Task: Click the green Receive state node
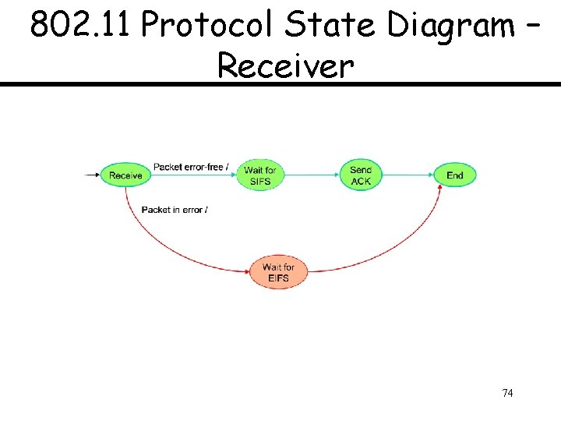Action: (x=125, y=175)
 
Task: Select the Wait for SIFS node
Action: (x=259, y=175)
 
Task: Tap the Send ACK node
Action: (x=361, y=175)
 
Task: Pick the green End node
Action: (x=455, y=175)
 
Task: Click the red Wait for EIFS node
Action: (x=278, y=273)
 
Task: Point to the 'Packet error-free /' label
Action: (x=191, y=167)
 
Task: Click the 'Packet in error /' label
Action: (x=175, y=210)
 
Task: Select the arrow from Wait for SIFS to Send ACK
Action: (x=310, y=175)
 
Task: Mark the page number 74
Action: (x=507, y=393)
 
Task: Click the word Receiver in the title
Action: (x=284, y=65)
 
